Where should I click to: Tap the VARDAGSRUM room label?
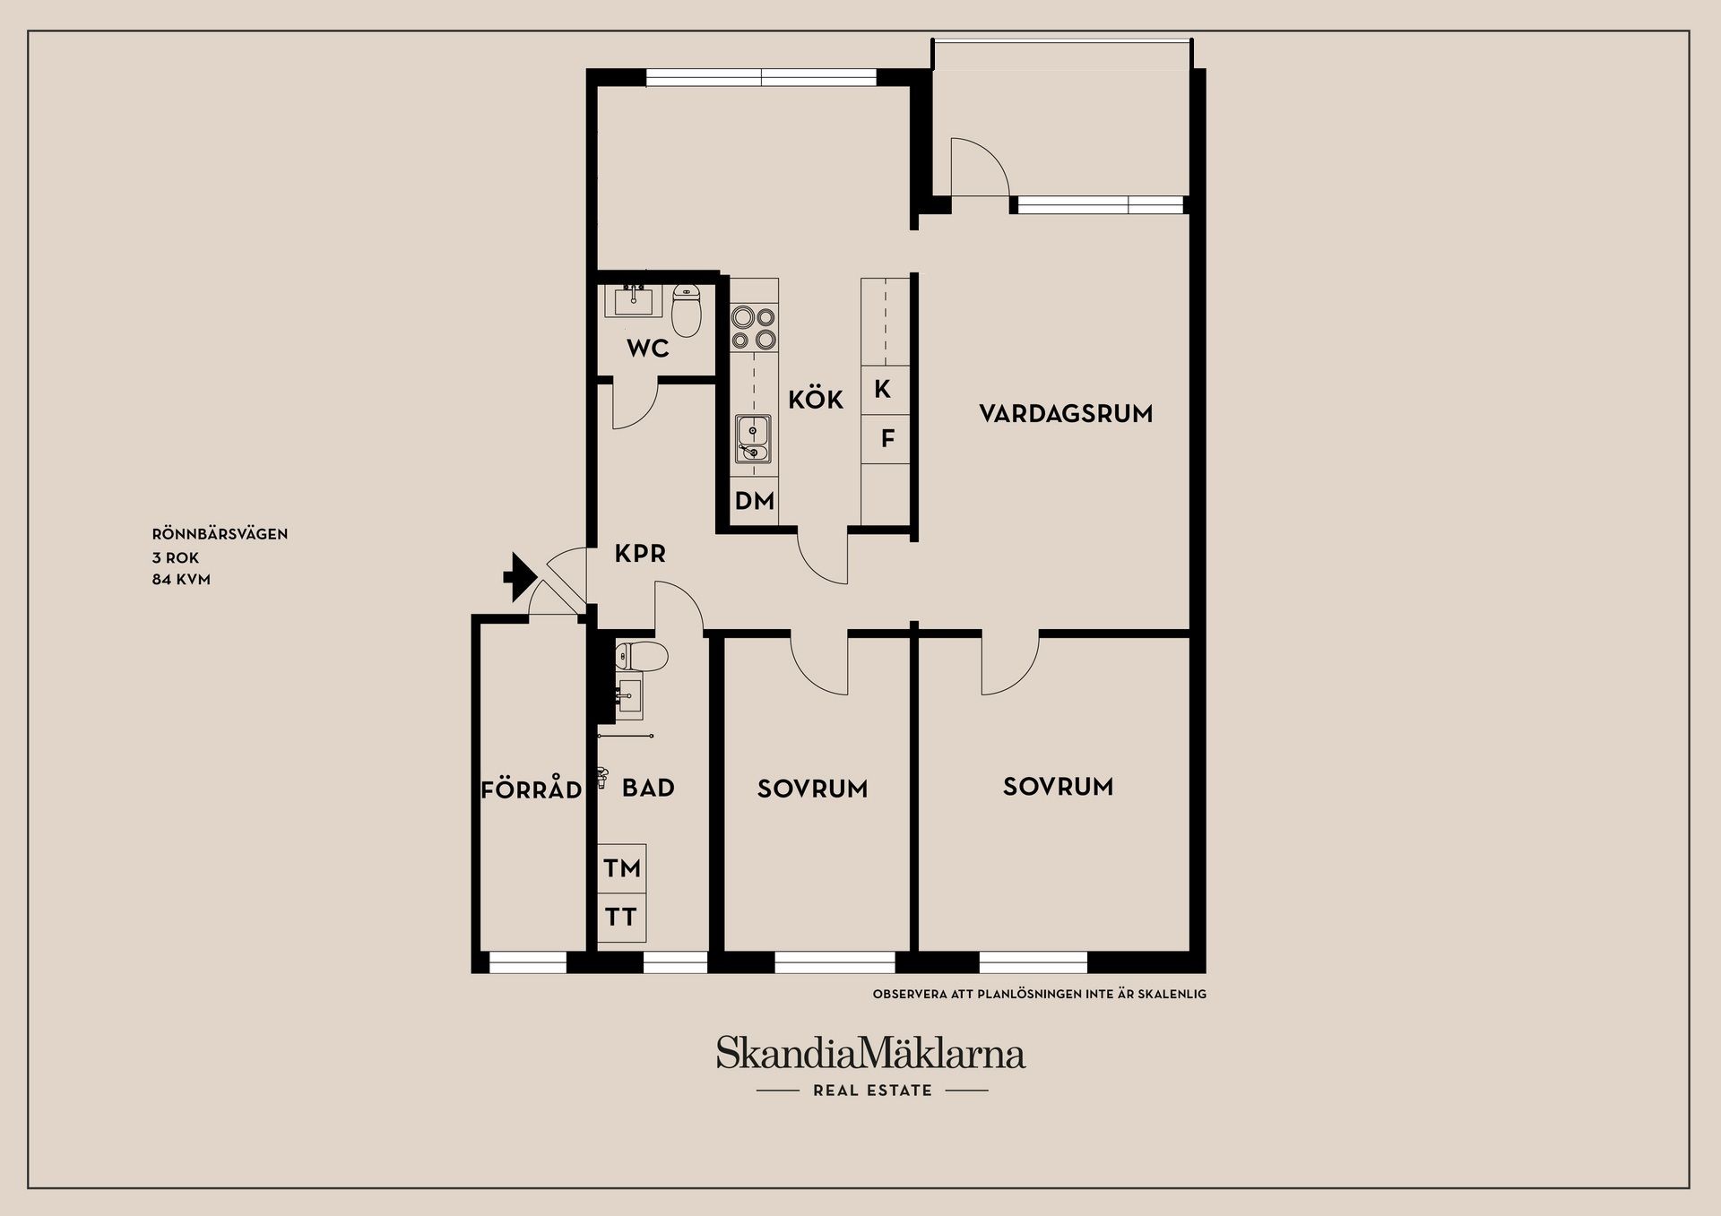pos(1066,414)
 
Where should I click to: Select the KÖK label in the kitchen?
pos(816,400)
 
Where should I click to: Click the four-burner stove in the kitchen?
pos(754,327)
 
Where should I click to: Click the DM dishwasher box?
pos(754,501)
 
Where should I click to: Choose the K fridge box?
pos(883,390)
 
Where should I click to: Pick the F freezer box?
pos(887,439)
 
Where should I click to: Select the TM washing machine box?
pos(622,868)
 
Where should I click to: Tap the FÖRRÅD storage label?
pos(532,790)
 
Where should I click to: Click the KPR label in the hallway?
pos(640,554)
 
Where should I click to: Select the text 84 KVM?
pos(181,580)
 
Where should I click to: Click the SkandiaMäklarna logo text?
pos(870,1054)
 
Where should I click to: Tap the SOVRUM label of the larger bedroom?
pos(1058,787)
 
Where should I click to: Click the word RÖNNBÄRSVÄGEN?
pos(220,534)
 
